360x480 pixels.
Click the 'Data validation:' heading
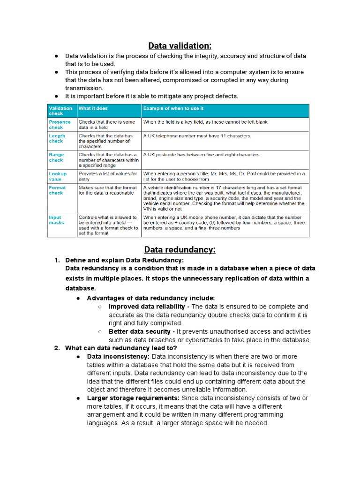coord(180,45)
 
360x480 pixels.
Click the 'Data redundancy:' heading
coord(180,249)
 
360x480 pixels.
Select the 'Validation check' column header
coord(60,111)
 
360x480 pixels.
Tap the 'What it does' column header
coord(93,108)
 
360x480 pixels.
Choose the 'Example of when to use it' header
coord(173,108)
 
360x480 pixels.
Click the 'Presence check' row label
coord(60,124)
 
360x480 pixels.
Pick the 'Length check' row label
coord(57,138)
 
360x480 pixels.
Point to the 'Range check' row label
coord(57,157)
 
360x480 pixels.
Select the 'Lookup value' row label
coord(58,176)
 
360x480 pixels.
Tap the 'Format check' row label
coord(57,190)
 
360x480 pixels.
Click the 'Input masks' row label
coord(57,220)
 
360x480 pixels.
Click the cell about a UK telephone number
coord(197,136)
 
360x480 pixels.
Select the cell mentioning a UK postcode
coord(201,155)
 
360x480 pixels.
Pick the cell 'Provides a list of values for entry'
coord(108,176)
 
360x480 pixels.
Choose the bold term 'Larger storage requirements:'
coord(133,398)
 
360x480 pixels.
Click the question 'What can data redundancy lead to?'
coord(121,348)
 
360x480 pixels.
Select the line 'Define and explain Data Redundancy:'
coord(124,260)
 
